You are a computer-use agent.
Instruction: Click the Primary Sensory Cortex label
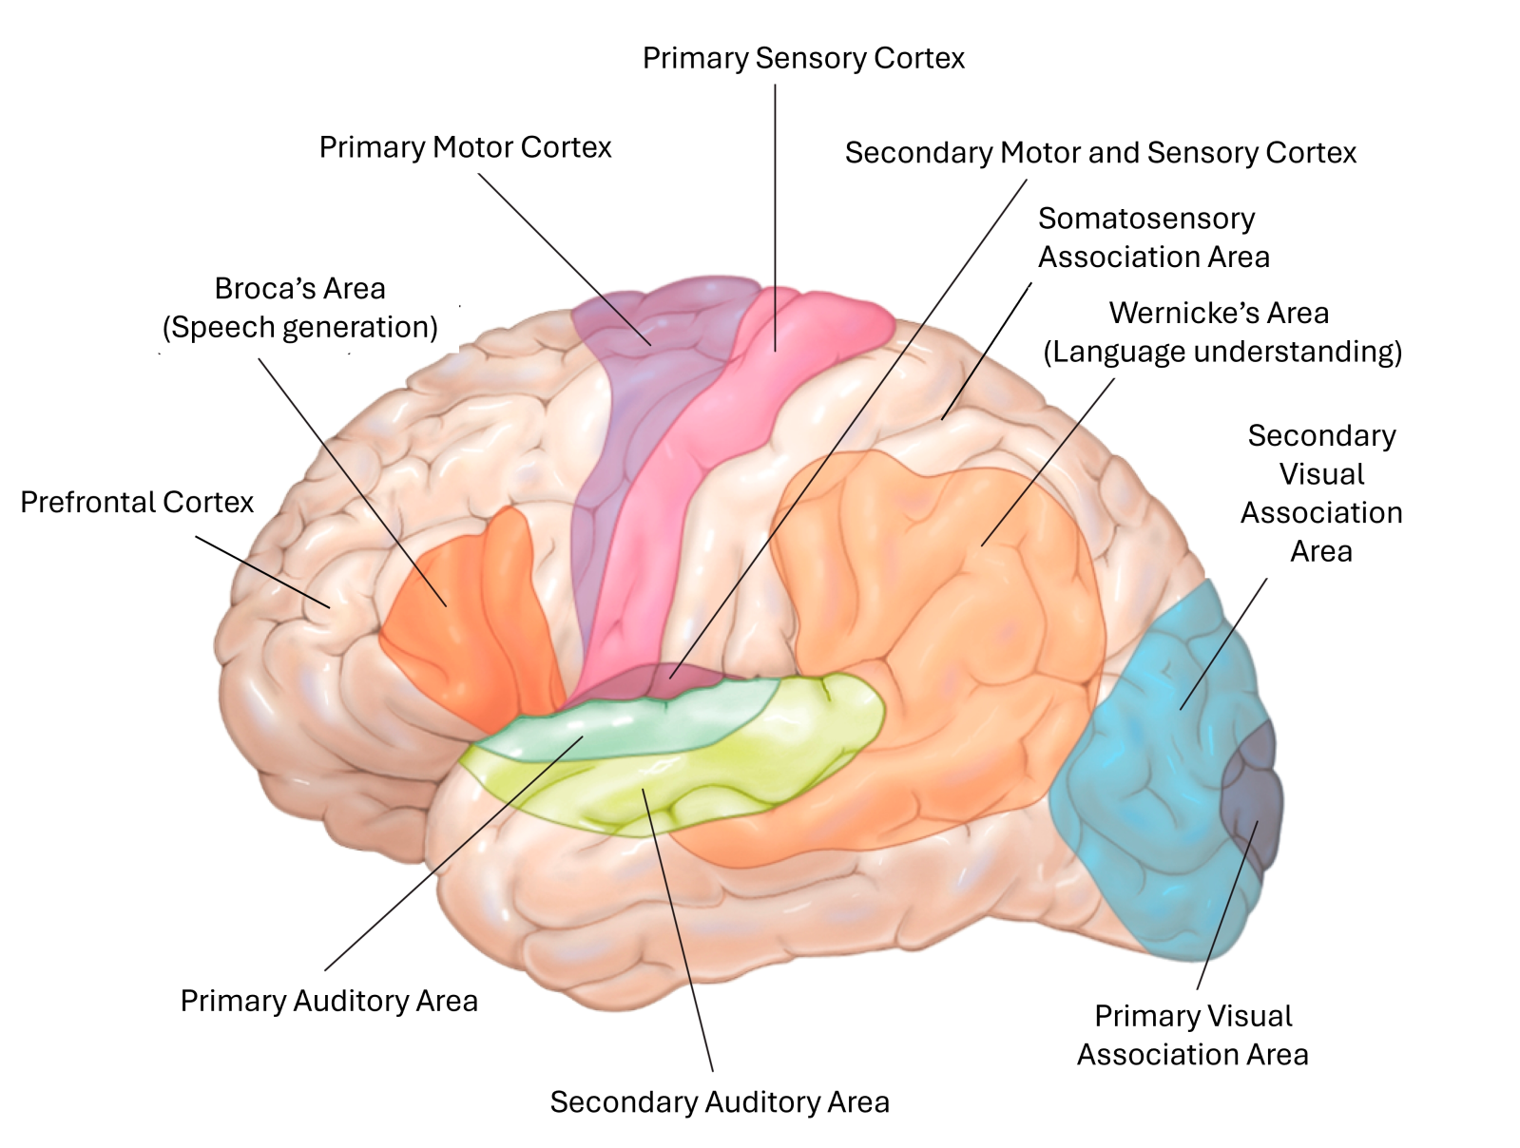tap(803, 59)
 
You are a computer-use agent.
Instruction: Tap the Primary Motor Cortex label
tap(465, 148)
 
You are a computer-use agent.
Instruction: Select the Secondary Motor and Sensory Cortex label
tap(1100, 153)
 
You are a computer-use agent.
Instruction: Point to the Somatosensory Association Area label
tap(1153, 238)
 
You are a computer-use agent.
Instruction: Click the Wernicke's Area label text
tap(1219, 314)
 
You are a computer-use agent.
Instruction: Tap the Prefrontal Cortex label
tap(137, 502)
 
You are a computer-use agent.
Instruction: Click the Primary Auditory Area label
tap(329, 1001)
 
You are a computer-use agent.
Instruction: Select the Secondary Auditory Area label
tap(720, 1102)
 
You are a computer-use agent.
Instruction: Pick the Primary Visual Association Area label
tap(1193, 1035)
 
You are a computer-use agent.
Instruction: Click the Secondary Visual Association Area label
tap(1321, 493)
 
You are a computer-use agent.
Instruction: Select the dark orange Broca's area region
tap(475, 618)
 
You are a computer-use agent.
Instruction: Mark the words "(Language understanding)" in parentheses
tap(1222, 353)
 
